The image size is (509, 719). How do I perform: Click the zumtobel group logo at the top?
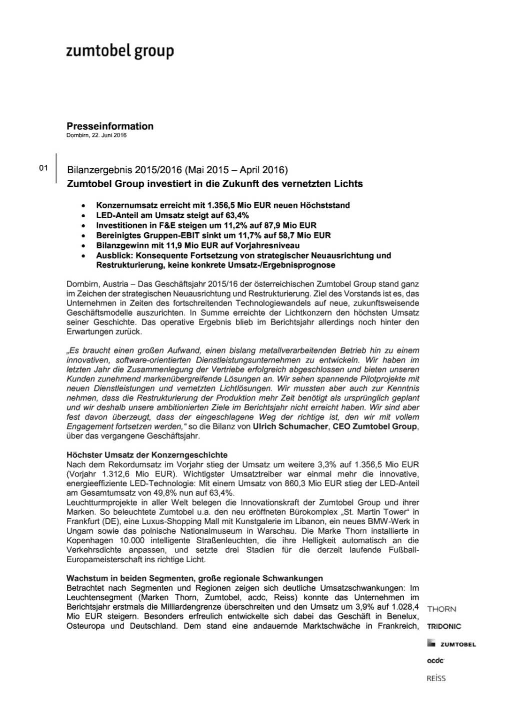coord(120,51)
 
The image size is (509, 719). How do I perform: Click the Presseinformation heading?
coord(110,126)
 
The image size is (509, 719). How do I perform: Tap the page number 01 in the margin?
coord(43,168)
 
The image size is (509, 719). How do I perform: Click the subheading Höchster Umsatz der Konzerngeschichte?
coord(147,455)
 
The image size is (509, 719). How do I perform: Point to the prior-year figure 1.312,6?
coord(114,474)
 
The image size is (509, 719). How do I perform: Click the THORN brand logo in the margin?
coord(441,609)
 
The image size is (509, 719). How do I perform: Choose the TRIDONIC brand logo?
coord(444,626)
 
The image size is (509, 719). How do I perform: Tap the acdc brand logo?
coord(435,661)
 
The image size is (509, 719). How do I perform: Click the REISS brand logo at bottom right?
coord(436,678)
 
